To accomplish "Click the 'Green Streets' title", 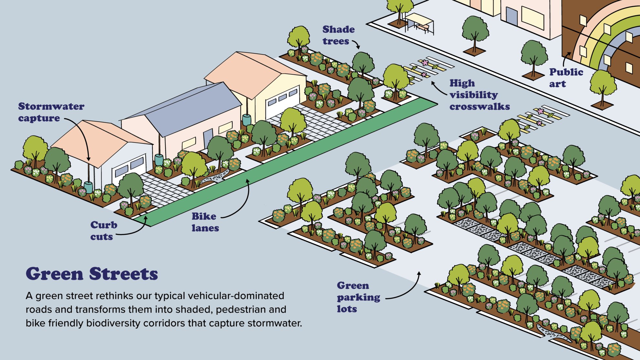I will (92, 274).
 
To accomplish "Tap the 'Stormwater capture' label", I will (51, 112).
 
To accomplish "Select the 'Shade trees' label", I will (338, 35).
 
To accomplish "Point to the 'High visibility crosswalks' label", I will (479, 95).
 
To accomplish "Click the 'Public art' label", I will (566, 78).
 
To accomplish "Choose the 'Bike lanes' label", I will (205, 222).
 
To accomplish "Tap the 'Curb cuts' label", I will (103, 231).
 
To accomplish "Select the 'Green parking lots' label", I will (358, 297).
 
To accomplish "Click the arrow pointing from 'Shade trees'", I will (356, 44).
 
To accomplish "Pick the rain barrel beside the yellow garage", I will (247, 120).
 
